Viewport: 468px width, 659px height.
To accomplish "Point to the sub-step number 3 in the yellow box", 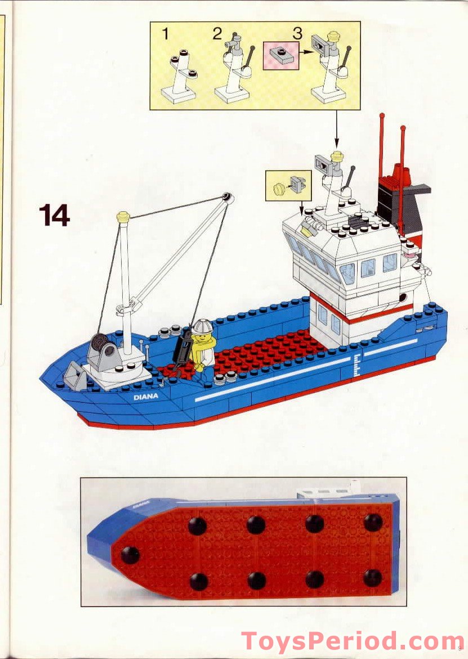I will click(x=297, y=33).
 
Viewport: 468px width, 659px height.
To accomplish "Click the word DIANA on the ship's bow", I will click(x=146, y=396).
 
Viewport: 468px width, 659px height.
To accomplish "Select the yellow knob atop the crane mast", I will click(x=123, y=216).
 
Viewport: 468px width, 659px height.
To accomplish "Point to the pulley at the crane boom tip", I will click(x=226, y=198).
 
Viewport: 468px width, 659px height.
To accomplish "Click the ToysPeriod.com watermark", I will click(x=353, y=642).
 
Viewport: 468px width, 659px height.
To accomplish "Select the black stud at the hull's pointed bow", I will click(x=130, y=555).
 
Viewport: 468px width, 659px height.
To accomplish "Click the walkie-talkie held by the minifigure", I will click(x=183, y=349).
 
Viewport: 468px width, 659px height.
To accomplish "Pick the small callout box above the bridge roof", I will click(x=288, y=185).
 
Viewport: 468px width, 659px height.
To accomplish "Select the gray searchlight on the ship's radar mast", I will click(x=323, y=163).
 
